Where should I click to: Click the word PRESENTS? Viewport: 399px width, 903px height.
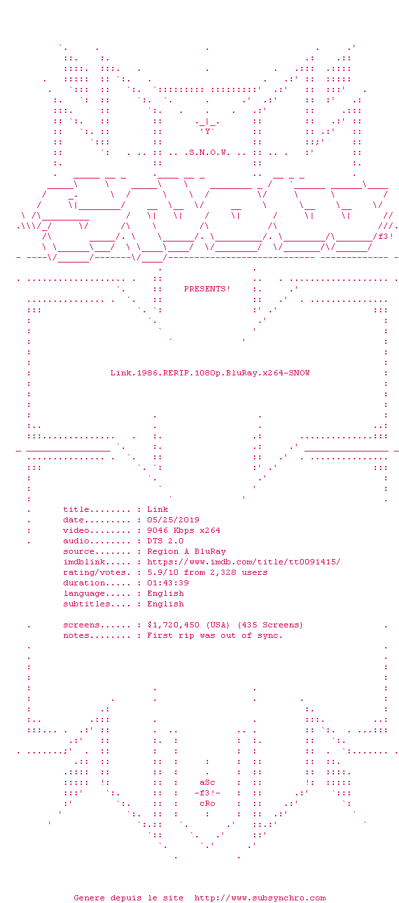(207, 289)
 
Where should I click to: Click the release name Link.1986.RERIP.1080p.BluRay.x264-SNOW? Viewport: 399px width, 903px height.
(210, 373)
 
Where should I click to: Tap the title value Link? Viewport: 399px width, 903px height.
(157, 509)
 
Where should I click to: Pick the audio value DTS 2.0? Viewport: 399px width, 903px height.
(165, 541)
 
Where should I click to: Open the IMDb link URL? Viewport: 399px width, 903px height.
(243, 562)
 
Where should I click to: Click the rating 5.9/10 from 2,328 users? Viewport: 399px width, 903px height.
(207, 572)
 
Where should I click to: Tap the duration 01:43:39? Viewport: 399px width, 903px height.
(168, 583)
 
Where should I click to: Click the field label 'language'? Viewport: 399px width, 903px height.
(84, 593)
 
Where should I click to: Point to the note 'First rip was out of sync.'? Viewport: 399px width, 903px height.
(215, 635)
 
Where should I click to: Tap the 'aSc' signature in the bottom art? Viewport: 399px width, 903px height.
(207, 783)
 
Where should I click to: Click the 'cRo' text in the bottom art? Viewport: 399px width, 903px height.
(207, 804)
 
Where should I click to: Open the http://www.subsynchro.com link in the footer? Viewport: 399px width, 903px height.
(260, 898)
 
